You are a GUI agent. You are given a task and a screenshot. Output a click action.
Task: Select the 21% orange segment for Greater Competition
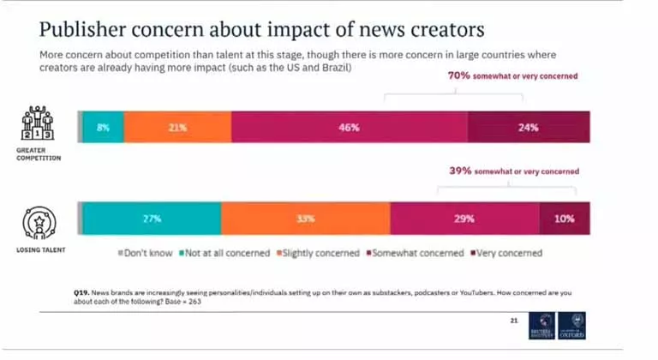pyautogui.click(x=177, y=128)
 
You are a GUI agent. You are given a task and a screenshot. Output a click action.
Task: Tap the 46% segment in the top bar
pyautogui.click(x=349, y=128)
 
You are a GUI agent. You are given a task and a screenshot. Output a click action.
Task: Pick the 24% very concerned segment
pyautogui.click(x=528, y=128)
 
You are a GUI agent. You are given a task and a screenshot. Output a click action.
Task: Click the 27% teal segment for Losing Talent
pyautogui.click(x=152, y=219)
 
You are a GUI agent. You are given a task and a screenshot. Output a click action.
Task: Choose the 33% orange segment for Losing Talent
pyautogui.click(x=304, y=219)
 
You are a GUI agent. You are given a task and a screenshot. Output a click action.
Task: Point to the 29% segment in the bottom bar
pyautogui.click(x=464, y=219)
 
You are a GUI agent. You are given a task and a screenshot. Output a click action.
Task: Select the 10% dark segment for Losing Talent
pyautogui.click(x=564, y=219)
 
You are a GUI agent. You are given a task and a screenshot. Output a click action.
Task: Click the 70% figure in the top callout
pyautogui.click(x=460, y=76)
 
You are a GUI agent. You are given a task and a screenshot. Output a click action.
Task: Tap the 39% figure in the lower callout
pyautogui.click(x=461, y=171)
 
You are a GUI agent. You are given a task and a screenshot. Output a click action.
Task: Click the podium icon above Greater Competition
pyautogui.click(x=36, y=124)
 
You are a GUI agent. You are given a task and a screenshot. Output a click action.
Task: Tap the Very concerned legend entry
pyautogui.click(x=505, y=253)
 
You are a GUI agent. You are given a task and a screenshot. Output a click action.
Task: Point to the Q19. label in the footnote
pyautogui.click(x=85, y=292)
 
